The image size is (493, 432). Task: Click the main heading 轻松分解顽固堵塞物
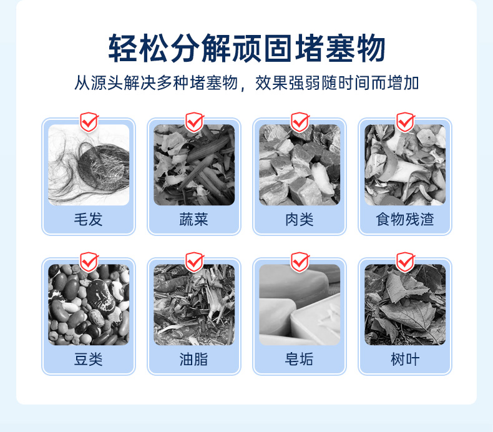coord(247,48)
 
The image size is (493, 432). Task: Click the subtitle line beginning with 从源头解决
coord(246,83)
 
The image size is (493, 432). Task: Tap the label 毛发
coord(89,219)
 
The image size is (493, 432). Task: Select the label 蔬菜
coord(194,219)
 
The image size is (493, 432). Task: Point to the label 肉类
coord(300,219)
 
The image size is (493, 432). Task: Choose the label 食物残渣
coord(405,219)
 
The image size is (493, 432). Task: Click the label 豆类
coord(89,359)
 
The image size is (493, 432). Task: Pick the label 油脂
coord(194,359)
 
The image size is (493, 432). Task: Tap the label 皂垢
coord(300,359)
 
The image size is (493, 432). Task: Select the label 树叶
coord(405,359)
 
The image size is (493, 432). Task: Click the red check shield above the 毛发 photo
coord(89,122)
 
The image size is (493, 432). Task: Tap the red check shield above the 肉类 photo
coord(300,122)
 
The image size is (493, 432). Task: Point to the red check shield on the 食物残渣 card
coord(406,122)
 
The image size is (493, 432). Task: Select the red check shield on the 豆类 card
coord(89,262)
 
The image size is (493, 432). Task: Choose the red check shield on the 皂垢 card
coord(300,262)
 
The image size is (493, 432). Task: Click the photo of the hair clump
coord(89,165)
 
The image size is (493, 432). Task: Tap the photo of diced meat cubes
coord(300,165)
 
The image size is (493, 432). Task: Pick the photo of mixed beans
coord(89,305)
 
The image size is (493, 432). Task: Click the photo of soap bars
coord(300,305)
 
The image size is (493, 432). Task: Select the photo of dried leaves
coord(405,305)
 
